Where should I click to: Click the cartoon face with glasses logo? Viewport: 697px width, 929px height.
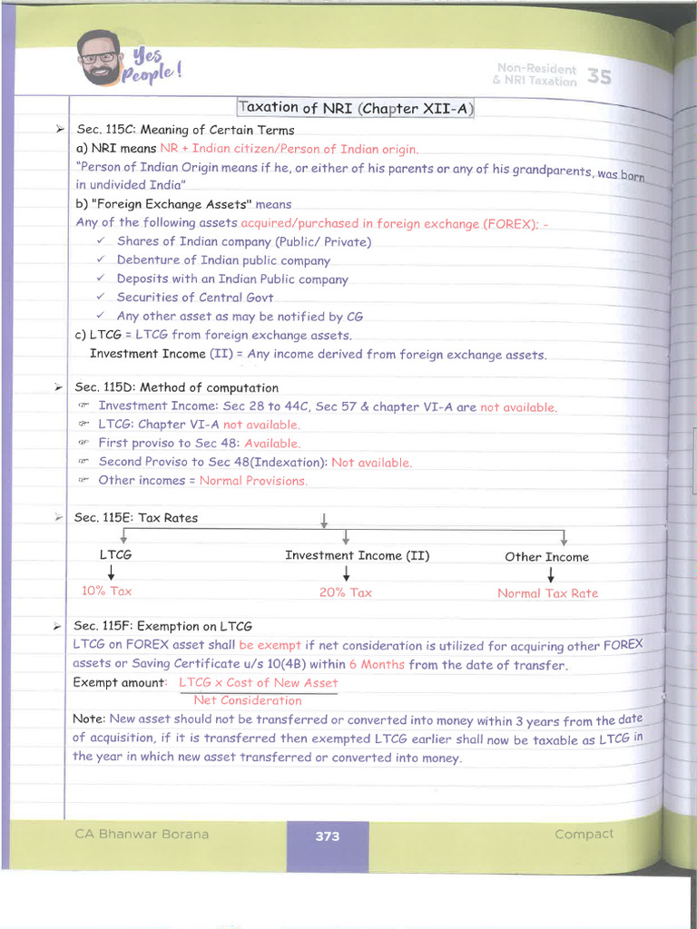99,57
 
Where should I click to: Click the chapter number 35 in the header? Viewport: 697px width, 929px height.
599,76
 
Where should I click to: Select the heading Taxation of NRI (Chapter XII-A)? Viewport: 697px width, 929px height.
356,108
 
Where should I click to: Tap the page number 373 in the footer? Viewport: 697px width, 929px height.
328,836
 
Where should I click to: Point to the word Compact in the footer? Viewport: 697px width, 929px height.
584,834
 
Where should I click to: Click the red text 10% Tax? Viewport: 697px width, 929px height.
107,591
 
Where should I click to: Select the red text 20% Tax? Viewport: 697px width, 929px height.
346,592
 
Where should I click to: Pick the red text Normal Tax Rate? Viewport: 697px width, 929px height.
547,593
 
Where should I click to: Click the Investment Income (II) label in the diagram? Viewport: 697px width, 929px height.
358,555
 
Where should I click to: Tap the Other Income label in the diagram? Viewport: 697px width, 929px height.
546,557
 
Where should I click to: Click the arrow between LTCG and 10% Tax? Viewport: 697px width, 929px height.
112,573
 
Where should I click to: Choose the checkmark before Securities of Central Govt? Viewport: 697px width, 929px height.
101,297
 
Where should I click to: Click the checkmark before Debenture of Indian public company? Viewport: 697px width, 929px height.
101,259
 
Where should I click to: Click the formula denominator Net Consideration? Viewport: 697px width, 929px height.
248,700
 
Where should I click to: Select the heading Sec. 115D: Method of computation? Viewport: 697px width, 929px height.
176,387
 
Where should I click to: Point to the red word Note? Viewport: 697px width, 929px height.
89,719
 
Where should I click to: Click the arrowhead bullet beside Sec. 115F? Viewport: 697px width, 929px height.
57,626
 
